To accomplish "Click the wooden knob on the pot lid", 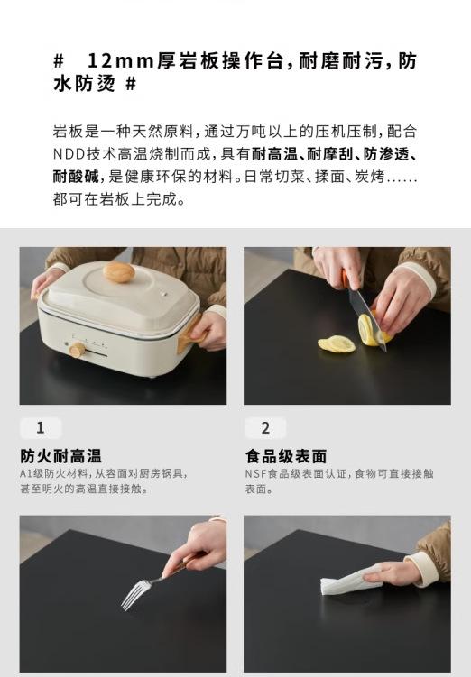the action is coord(118,272).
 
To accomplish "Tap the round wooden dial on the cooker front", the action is coord(78,349).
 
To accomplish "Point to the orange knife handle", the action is coord(346,279).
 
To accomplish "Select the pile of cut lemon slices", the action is coord(337,343).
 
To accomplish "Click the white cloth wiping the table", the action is coord(350,581).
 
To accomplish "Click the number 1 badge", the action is coord(41,428).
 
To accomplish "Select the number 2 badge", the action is coord(265,428).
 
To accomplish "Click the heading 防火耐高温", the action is coord(61,456).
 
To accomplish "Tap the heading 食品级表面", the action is coord(286,456).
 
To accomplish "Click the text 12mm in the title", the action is coord(121,61).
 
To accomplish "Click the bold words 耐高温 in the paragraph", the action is coord(274,154).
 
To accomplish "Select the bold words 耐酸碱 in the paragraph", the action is coord(76,177).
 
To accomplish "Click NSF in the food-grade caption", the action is coord(255,473).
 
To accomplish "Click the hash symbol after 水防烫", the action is coord(131,84).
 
